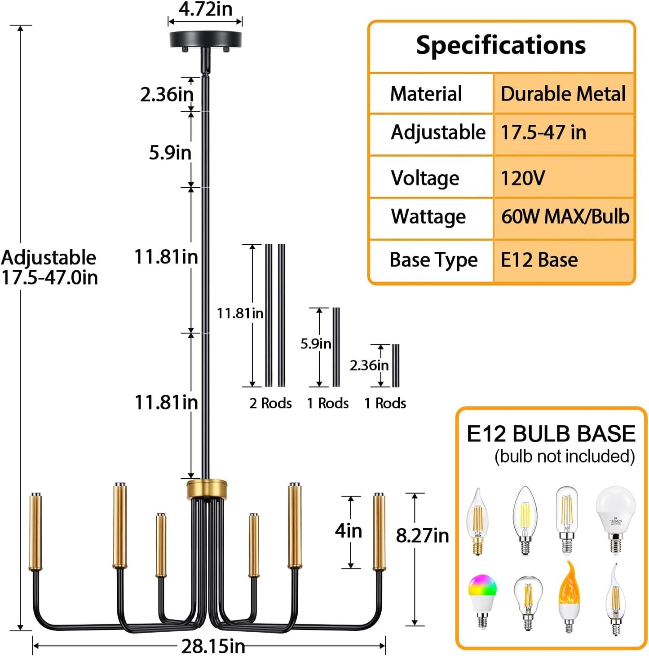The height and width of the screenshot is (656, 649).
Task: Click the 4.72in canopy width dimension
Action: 205,9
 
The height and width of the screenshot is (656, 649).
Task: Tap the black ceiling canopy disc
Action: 205,39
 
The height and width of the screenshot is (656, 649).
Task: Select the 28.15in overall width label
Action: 213,646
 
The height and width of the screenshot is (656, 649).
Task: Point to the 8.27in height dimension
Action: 422,536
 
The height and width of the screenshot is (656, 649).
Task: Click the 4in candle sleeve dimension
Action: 349,531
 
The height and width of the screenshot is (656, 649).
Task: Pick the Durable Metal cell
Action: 563,94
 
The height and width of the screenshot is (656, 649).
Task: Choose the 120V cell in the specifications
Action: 523,178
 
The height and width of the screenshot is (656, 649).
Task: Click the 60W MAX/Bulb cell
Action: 565,217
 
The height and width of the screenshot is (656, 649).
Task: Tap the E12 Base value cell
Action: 539,260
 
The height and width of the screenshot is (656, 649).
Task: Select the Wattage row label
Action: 428,217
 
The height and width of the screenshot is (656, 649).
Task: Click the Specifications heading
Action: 501,45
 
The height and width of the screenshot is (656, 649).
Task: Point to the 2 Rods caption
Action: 270,403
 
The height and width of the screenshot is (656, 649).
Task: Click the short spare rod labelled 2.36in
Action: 396,365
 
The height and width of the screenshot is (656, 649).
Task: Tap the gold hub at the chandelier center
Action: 207,489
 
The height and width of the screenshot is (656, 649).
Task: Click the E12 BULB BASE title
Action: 551,434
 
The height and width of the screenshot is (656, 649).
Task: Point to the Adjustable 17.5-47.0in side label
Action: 49,268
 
